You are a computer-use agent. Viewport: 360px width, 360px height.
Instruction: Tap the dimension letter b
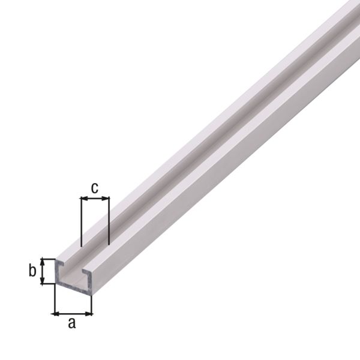tap(32, 271)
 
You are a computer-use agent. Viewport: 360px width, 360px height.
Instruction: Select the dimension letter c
tap(95, 187)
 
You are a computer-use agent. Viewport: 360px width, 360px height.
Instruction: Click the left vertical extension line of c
tap(80, 222)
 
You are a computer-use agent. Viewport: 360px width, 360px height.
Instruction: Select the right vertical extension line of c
tap(109, 222)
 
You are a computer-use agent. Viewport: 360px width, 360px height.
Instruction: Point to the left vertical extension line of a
tap(54, 300)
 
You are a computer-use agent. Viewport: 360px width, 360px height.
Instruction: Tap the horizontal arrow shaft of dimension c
tap(95, 198)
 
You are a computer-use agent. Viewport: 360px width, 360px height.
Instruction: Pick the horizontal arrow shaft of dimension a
tap(73, 313)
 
